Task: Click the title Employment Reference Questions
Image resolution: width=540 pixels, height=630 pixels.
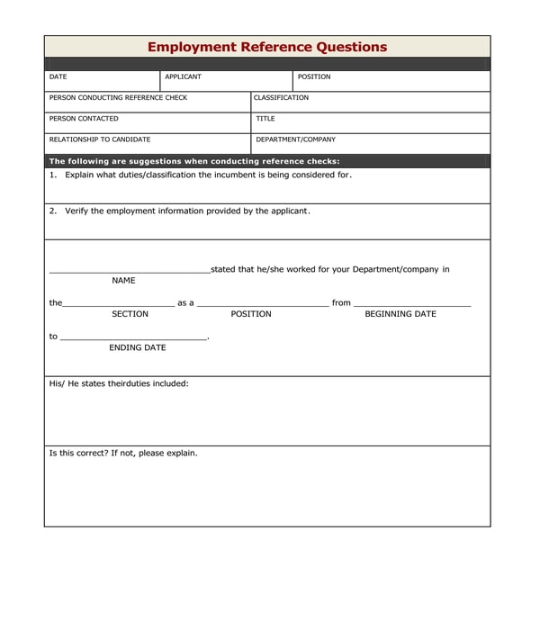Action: coord(266,47)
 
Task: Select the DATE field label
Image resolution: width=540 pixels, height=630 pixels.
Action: coord(58,77)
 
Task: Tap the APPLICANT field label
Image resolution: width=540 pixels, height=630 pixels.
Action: coord(183,77)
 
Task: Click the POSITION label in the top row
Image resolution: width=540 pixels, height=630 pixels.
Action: coord(314,77)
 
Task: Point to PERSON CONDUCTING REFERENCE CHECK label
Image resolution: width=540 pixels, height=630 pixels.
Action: coord(118,98)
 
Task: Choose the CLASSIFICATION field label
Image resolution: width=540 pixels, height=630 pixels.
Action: coord(281,98)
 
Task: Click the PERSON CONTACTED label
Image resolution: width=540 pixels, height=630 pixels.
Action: coord(84,119)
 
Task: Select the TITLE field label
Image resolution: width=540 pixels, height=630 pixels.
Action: coord(265,119)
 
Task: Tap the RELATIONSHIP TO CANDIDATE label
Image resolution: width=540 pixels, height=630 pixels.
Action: coord(100,139)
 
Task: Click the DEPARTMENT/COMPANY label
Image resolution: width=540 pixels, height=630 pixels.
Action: coord(295,139)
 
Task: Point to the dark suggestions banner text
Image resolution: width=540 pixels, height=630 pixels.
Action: coord(194,161)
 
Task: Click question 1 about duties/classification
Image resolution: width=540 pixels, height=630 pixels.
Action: coord(200,175)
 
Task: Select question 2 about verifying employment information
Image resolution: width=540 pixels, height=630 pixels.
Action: coord(180,211)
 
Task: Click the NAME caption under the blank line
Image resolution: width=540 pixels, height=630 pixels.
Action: coord(123,281)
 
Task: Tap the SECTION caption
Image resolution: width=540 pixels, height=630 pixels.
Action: coord(130,314)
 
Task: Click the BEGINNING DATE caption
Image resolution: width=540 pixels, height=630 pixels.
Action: coord(400,314)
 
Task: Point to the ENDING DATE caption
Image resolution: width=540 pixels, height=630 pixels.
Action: coord(137,347)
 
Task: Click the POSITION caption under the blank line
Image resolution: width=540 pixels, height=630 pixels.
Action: coord(251,314)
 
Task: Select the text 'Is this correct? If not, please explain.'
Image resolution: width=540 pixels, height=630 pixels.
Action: coord(123,453)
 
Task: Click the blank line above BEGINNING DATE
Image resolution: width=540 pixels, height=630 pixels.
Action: coord(411,305)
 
